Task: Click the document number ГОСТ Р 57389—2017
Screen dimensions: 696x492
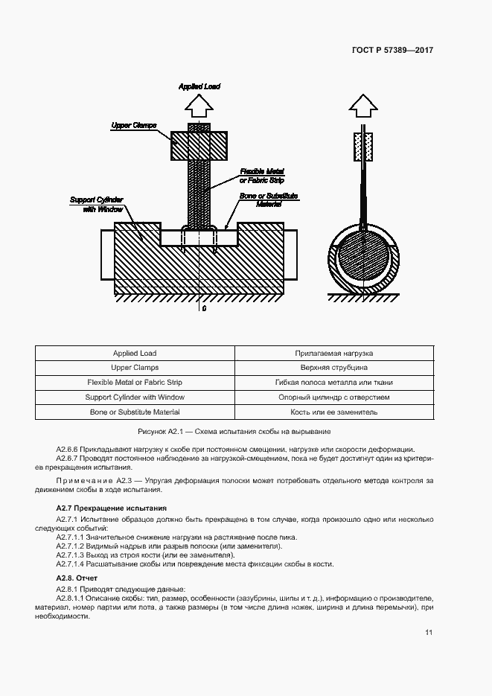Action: [x=392, y=51]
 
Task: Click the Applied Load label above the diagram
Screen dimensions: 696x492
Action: [x=199, y=87]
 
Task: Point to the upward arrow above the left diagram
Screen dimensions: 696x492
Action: [x=198, y=107]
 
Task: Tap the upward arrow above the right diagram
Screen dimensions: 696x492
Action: [x=363, y=106]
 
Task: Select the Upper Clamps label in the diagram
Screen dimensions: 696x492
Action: [x=133, y=125]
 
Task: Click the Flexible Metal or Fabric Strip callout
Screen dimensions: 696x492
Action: [x=262, y=176]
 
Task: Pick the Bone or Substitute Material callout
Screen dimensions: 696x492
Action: [x=268, y=199]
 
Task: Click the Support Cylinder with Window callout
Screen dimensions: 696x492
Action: [x=96, y=204]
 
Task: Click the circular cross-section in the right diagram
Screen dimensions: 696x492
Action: [x=363, y=257]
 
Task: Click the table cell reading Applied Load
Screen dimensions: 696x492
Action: [x=135, y=353]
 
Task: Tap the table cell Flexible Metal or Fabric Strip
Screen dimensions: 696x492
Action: [x=135, y=383]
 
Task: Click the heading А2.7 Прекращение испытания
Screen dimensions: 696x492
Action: [x=109, y=508]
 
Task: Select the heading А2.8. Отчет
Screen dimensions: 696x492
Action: [x=77, y=578]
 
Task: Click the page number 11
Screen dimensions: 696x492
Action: [x=429, y=633]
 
